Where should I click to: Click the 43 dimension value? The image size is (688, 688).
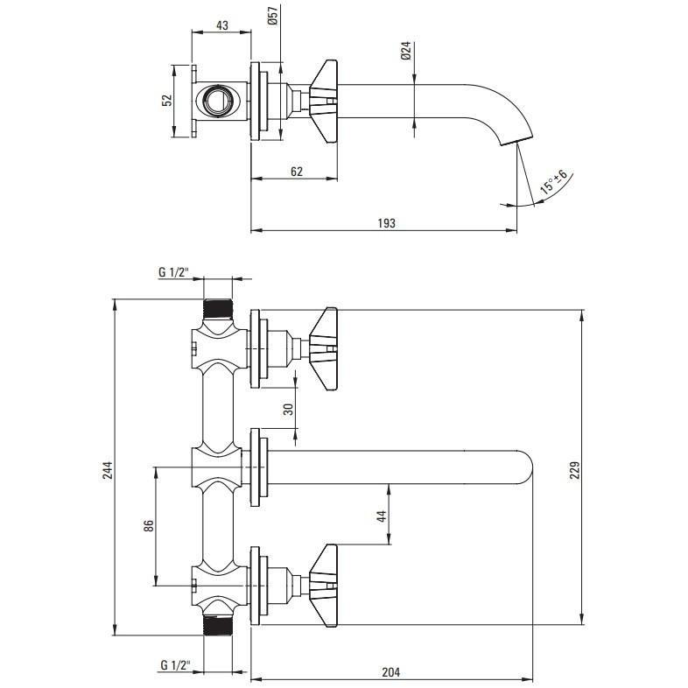(x=222, y=25)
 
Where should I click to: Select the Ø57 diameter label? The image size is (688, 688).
(x=273, y=17)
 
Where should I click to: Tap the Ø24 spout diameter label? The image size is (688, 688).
(x=405, y=51)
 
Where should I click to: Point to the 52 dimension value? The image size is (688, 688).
(x=167, y=101)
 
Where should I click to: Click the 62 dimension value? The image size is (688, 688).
(x=297, y=171)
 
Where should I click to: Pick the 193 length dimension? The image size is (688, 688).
(x=387, y=223)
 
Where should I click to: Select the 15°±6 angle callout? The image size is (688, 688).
(x=554, y=181)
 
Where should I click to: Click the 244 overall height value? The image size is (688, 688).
(x=108, y=470)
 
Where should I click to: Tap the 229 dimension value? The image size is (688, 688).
(x=575, y=470)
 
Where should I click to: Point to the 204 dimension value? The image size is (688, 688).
(x=391, y=671)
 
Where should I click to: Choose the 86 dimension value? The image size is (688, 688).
(x=149, y=526)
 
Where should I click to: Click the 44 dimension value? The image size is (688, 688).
(x=383, y=516)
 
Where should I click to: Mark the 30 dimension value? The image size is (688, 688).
(x=289, y=410)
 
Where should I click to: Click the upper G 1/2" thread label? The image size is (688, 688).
(x=174, y=272)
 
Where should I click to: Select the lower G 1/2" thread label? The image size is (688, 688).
(x=176, y=664)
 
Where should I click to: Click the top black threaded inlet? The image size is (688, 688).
(x=218, y=308)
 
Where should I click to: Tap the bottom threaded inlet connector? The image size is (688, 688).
(x=218, y=624)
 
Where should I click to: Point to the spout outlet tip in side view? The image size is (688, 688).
(x=516, y=140)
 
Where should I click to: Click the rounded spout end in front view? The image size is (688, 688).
(x=525, y=467)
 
